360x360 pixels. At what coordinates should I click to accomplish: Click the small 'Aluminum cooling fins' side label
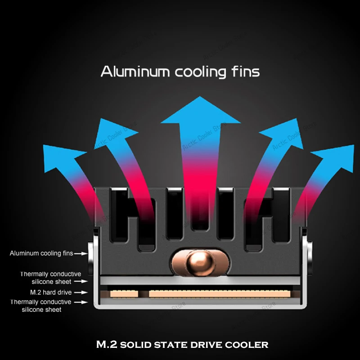coord(41,253)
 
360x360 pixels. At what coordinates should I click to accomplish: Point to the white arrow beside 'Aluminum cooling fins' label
coord(80,254)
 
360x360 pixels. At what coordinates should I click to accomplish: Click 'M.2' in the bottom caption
coord(107,345)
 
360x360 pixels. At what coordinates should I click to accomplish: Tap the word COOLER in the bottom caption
coord(249,345)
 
